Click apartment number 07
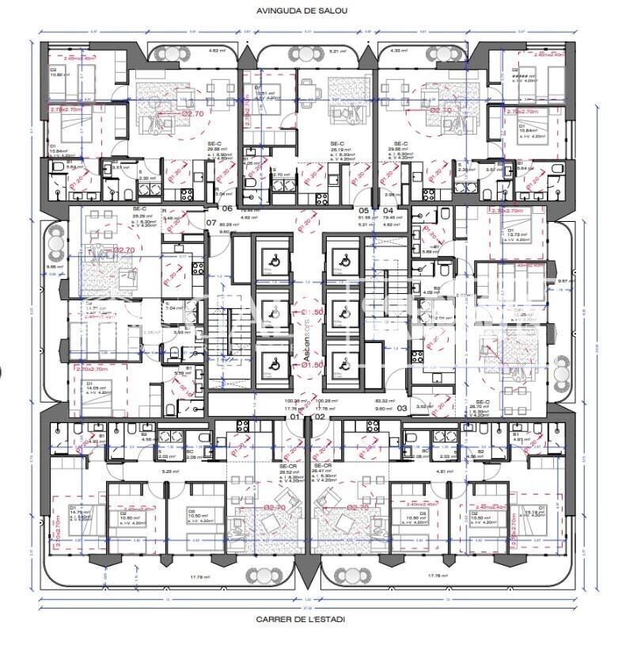(211, 223)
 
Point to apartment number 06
(227, 208)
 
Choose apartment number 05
(365, 211)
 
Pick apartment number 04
(388, 211)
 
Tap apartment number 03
(402, 408)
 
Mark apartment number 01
(294, 416)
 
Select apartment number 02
(320, 416)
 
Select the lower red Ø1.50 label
(295, 364)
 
